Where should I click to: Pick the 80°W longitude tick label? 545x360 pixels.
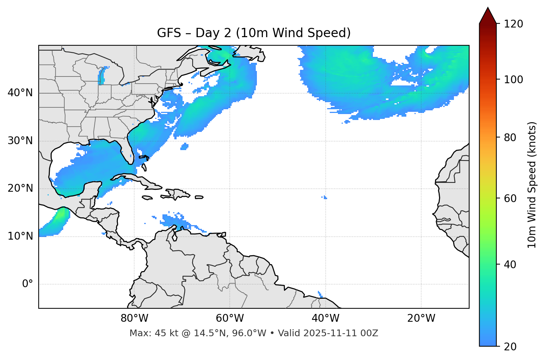134,318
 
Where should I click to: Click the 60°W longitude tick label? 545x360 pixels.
230,318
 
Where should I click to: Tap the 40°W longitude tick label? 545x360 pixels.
325,318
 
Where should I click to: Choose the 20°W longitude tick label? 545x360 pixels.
421,318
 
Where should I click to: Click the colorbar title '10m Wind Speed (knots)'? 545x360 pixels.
532,185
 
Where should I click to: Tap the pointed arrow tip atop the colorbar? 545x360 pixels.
487,9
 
